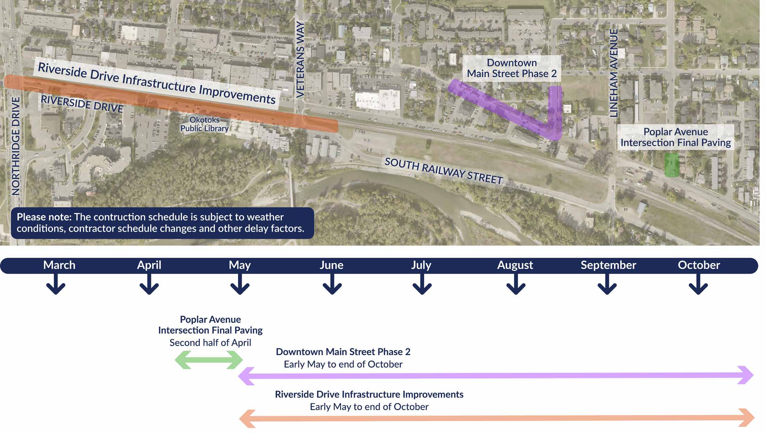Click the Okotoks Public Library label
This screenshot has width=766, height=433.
click(204, 124)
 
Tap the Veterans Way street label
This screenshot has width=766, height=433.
click(300, 59)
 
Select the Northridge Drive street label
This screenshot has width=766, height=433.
click(16, 146)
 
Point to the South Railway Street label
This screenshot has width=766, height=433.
click(444, 171)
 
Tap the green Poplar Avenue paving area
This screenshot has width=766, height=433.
click(672, 165)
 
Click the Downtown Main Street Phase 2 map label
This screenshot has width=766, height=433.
click(512, 68)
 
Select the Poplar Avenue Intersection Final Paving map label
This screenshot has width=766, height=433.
click(675, 137)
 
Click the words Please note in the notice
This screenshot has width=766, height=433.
click(44, 217)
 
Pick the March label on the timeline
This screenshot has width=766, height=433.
click(59, 265)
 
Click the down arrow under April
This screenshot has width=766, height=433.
click(149, 284)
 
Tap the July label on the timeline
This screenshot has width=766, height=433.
click(421, 265)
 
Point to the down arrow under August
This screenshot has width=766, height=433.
click(516, 284)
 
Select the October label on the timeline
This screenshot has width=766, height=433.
click(699, 265)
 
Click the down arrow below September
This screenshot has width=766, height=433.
click(607, 284)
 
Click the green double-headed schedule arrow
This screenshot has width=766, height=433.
click(209, 360)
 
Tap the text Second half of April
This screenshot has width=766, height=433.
click(210, 343)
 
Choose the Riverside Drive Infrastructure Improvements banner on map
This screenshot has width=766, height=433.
click(157, 83)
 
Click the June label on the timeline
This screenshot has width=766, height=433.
click(331, 265)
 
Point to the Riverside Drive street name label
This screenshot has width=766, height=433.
click(82, 104)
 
